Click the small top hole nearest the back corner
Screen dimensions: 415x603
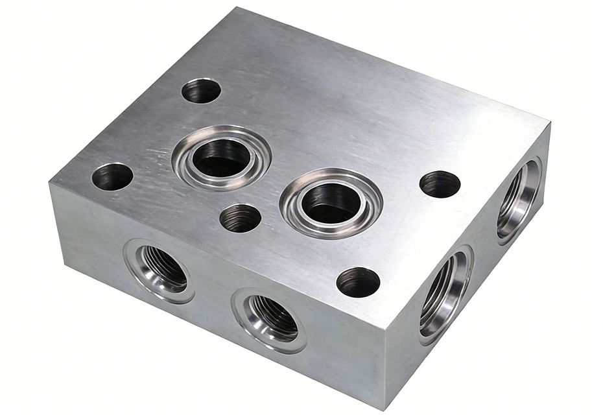point(201,90)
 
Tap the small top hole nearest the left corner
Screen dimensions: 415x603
point(112,176)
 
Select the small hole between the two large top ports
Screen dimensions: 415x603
point(241,218)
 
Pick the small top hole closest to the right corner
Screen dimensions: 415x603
point(440,184)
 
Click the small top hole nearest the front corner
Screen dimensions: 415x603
point(358,282)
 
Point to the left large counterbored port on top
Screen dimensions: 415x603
point(222,157)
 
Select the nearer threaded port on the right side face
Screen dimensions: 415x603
point(446,295)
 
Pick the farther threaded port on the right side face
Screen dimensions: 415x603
point(519,200)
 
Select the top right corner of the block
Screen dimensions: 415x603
point(550,122)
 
